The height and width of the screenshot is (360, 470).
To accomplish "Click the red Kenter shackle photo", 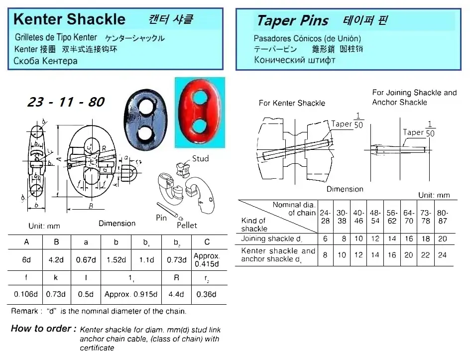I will tap(200, 112).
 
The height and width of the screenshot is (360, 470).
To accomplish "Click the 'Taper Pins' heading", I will tap(292, 21).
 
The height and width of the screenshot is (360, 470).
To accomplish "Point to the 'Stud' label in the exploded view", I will tap(201, 159).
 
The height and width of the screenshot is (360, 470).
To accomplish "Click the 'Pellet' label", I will tap(187, 225).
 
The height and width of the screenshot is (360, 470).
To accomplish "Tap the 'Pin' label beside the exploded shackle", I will tap(161, 218).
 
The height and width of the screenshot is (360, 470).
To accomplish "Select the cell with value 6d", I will tap(26, 259).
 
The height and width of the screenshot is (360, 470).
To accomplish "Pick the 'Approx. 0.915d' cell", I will tap(131, 294).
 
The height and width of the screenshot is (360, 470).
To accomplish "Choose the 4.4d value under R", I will tap(177, 294).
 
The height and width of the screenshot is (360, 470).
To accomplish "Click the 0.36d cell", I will tap(207, 294).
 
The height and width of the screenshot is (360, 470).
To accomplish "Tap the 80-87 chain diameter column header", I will tap(442, 217).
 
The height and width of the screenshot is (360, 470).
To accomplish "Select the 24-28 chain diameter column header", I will tap(325, 217).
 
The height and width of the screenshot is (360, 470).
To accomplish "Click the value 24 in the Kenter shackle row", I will tap(442, 255).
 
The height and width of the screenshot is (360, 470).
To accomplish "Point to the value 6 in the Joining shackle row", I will tap(325, 239).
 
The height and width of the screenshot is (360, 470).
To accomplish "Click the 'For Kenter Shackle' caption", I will tap(292, 103).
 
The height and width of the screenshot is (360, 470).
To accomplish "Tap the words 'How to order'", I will tap(43, 329).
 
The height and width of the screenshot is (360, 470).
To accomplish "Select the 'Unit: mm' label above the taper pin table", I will tap(434, 195).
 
